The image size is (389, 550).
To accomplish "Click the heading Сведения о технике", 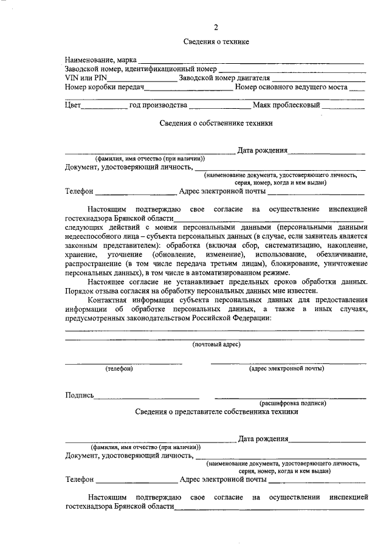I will [x=216, y=41].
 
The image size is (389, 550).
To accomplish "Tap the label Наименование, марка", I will [x=101, y=60].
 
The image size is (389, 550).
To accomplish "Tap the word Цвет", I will [x=73, y=105].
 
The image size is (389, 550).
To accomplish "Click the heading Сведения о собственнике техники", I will [x=216, y=123].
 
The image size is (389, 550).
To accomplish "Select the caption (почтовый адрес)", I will [x=216, y=345].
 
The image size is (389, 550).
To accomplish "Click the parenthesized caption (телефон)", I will [x=119, y=368].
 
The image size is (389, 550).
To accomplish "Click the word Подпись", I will [x=79, y=395].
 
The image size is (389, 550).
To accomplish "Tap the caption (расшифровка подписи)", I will [x=294, y=403].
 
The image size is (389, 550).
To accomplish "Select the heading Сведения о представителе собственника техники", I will [x=216, y=411].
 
